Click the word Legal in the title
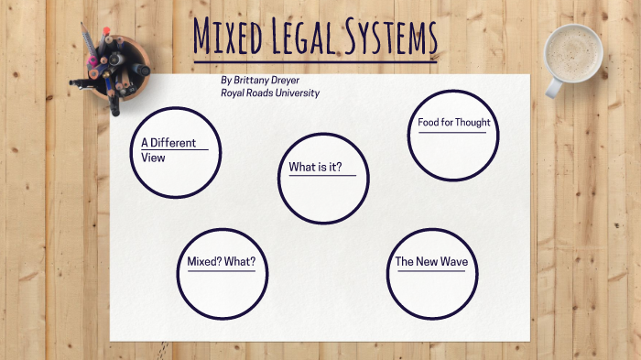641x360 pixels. point(309,38)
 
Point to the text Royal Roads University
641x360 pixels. point(270,93)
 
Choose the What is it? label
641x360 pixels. point(315,167)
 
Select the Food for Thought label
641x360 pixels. point(453,123)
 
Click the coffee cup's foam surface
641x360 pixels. point(573,50)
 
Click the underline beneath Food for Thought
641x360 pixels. point(452,133)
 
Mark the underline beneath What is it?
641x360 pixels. point(322,176)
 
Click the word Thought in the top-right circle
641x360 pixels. point(472,123)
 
